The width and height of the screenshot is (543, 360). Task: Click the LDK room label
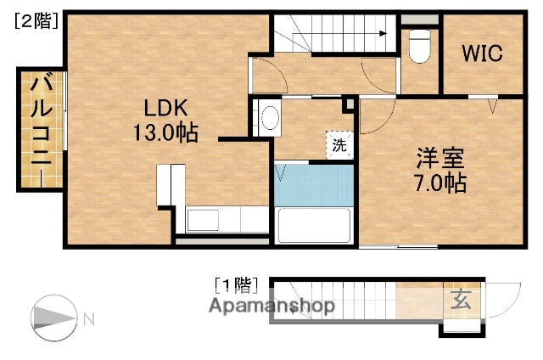click(x=159, y=108)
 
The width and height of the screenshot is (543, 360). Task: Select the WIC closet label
click(x=482, y=53)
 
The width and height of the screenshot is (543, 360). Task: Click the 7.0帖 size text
click(x=440, y=183)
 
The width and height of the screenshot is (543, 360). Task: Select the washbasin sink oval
click(x=270, y=118)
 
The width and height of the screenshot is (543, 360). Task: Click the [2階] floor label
click(x=35, y=23)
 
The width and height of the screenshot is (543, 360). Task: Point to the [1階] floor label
click(x=234, y=284)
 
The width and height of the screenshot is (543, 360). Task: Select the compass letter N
click(x=88, y=319)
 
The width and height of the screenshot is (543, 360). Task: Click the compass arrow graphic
click(x=54, y=318)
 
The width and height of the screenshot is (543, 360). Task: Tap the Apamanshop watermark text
click(x=271, y=306)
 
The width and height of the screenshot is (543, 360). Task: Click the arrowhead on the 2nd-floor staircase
click(x=384, y=35)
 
